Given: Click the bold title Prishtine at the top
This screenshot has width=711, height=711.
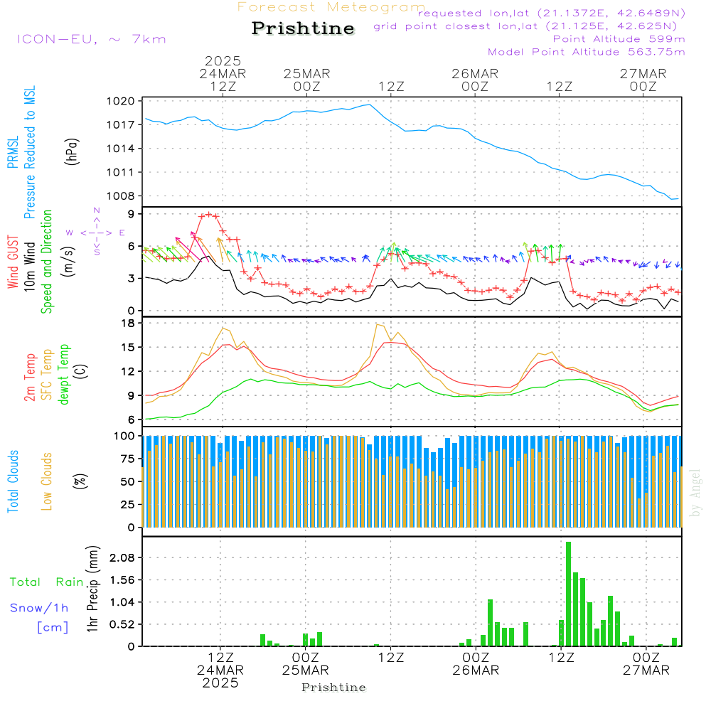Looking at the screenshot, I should coord(303,28).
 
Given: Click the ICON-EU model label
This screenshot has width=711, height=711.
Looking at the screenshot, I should coord(91,39).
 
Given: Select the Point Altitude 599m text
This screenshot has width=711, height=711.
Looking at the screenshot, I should coord(619,38).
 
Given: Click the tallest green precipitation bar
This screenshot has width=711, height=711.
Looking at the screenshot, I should coord(568,594).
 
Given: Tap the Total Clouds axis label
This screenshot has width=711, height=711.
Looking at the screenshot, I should coord(13,481).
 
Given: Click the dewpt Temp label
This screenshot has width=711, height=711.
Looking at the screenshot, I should coord(64,375).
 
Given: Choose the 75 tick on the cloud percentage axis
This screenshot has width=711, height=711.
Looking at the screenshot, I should coord(127,459).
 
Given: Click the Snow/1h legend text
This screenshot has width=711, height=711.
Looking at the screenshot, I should coord(39,608).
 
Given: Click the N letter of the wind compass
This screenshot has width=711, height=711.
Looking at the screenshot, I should coord(96,211).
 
